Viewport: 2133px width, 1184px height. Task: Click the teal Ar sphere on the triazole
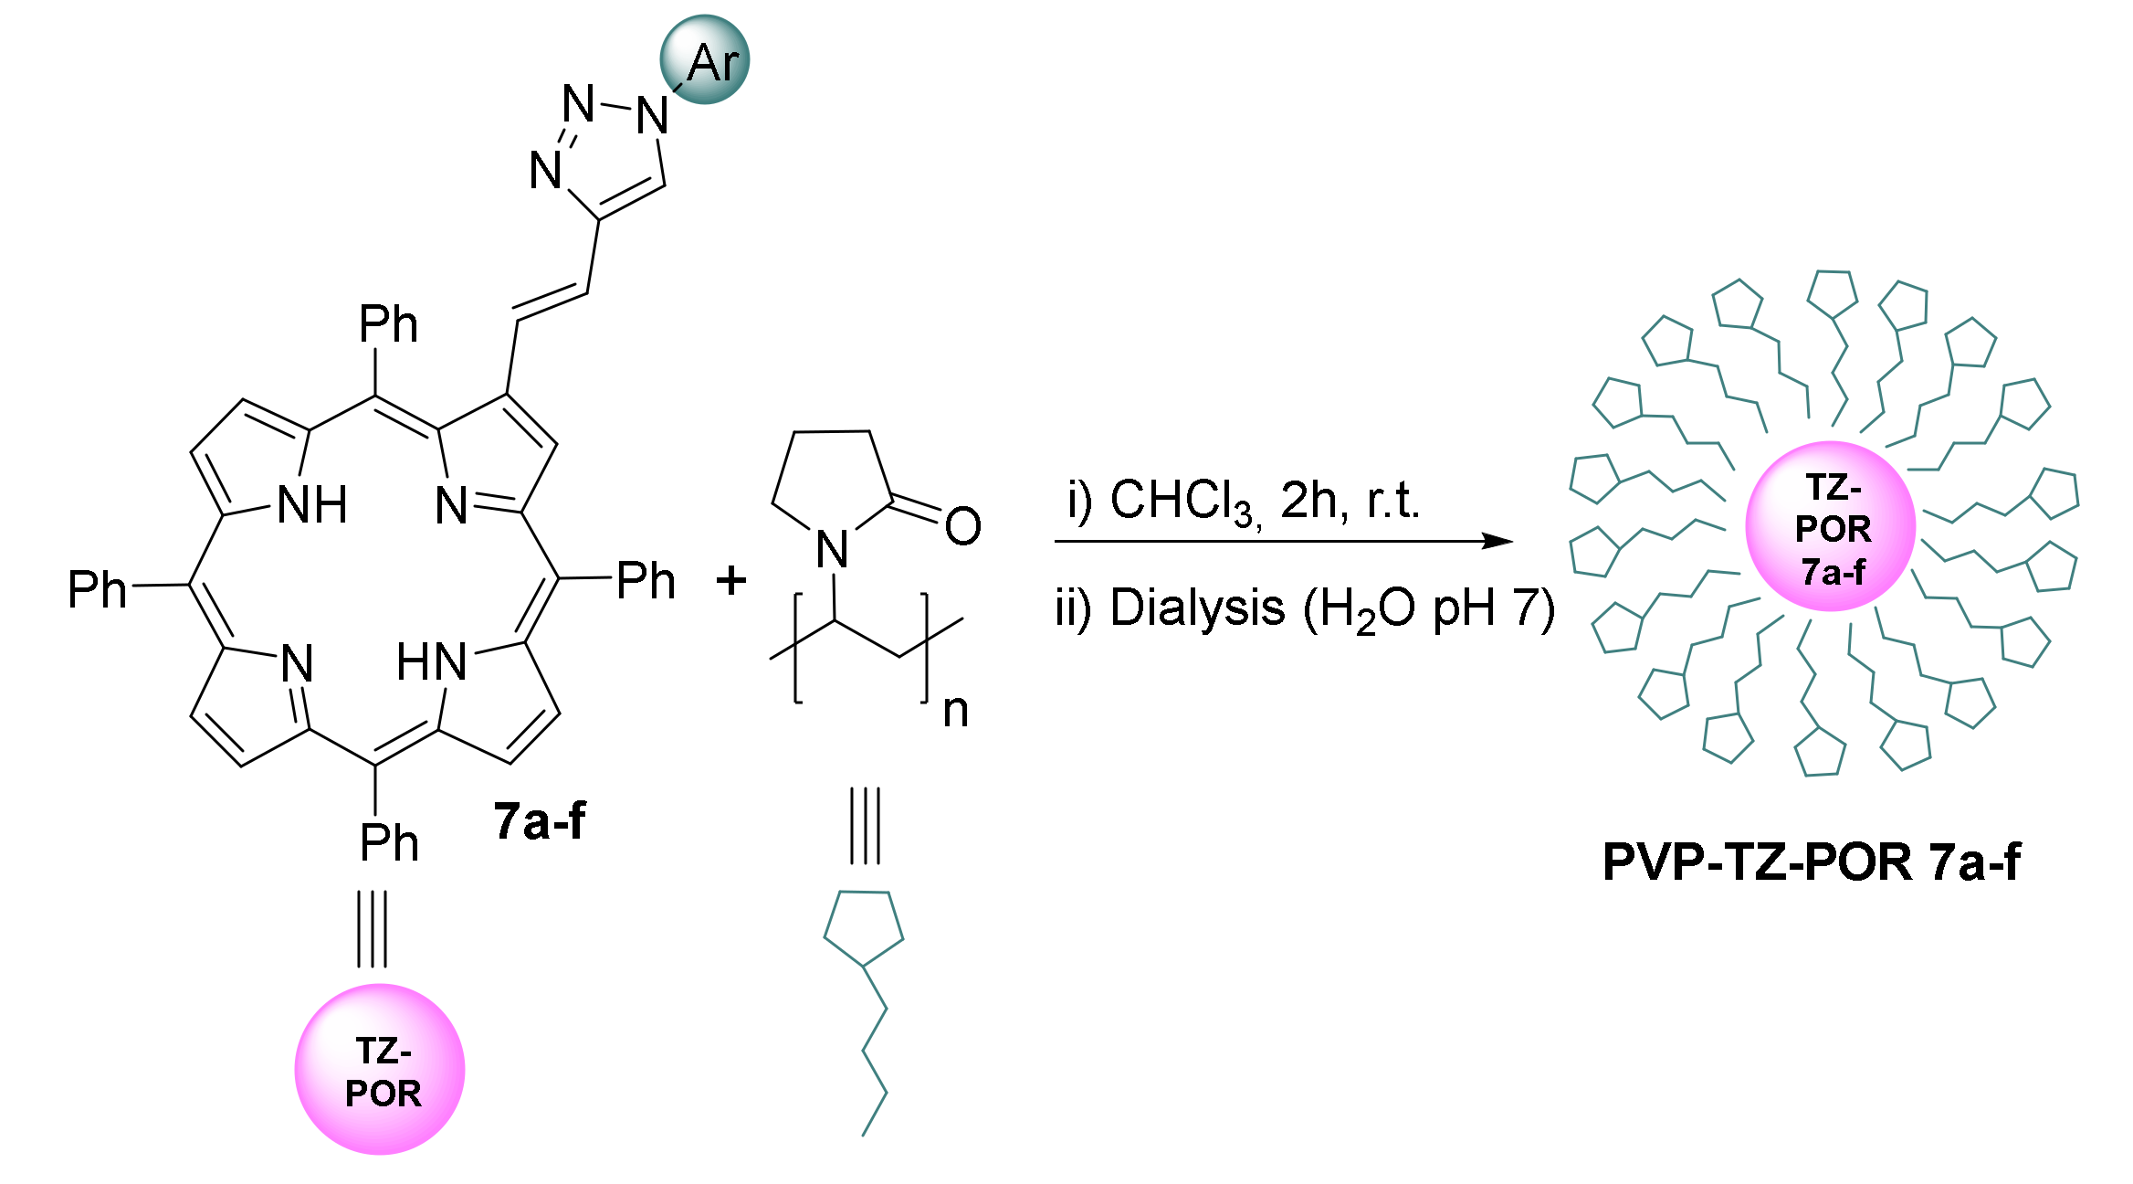705,59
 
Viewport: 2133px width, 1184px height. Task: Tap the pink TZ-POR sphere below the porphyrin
380,1069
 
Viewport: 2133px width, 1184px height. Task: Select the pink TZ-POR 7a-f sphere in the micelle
1830,526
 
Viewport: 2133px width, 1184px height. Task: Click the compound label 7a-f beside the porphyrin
540,820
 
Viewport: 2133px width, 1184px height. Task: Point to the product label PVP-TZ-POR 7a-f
1812,862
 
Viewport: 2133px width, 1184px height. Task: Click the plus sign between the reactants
730,580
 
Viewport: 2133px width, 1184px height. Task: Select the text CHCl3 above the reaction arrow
1183,502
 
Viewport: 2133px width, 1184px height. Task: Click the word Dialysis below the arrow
1197,608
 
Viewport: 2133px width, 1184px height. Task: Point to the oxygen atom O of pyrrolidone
962,526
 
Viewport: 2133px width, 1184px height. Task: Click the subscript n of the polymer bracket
955,711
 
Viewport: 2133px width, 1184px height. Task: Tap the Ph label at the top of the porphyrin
388,324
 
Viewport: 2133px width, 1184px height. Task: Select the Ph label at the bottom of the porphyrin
389,842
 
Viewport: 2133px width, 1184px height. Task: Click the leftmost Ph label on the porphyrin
97,589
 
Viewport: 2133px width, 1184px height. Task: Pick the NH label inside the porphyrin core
312,505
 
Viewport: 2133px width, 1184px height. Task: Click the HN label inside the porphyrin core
432,662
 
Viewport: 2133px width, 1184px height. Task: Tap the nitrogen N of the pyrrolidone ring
832,550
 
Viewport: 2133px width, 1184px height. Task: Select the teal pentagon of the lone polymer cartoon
864,927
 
